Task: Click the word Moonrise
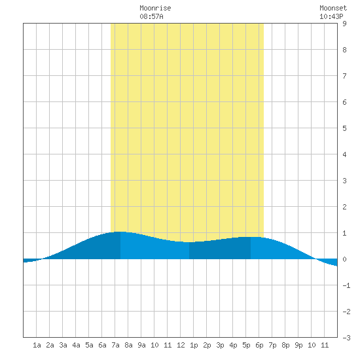pyautogui.click(x=155, y=8)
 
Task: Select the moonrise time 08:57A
pyautogui.click(x=152, y=16)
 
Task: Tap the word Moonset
pyautogui.click(x=333, y=8)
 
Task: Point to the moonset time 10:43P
pyautogui.click(x=331, y=16)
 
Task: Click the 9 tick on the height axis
pyautogui.click(x=344, y=24)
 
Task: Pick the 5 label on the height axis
pyautogui.click(x=344, y=128)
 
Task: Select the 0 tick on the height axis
pyautogui.click(x=344, y=259)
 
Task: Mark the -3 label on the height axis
pyautogui.click(x=346, y=338)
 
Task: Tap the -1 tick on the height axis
pyautogui.click(x=346, y=285)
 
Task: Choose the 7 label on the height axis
pyautogui.click(x=344, y=76)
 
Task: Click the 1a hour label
pyautogui.click(x=37, y=345)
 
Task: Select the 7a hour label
pyautogui.click(x=115, y=345)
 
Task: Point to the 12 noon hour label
pyautogui.click(x=181, y=345)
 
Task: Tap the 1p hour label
pyautogui.click(x=194, y=345)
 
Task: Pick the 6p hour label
pyautogui.click(x=259, y=345)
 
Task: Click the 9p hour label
pyautogui.click(x=298, y=345)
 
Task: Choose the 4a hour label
pyautogui.click(x=76, y=345)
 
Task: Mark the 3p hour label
pyautogui.click(x=220, y=345)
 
